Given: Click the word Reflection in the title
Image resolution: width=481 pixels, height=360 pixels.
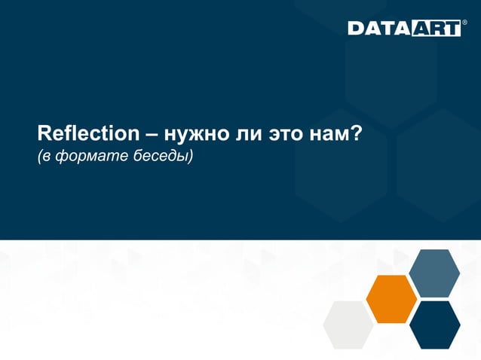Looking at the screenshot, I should tap(88, 136).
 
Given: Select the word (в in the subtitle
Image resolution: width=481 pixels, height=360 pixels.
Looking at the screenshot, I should tap(44, 157).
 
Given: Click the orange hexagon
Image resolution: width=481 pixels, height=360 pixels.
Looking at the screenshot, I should tap(391, 299).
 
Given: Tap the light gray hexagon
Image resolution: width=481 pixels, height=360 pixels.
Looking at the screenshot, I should tap(348, 325).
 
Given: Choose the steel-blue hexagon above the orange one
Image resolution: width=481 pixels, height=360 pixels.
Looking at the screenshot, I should tap(434, 273).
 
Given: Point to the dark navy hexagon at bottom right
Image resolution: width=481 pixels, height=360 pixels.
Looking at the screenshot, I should tap(435, 325).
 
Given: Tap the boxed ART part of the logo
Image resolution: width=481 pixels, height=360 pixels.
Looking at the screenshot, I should tap(434, 29).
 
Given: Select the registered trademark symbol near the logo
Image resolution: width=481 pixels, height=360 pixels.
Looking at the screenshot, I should tap(464, 23).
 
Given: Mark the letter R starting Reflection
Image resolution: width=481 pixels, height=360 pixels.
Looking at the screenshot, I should tap(44, 136).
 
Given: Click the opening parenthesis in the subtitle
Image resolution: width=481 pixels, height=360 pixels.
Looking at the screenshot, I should tap(40, 157).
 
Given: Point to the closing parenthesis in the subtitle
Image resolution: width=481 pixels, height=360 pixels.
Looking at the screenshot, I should tap(191, 157).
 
